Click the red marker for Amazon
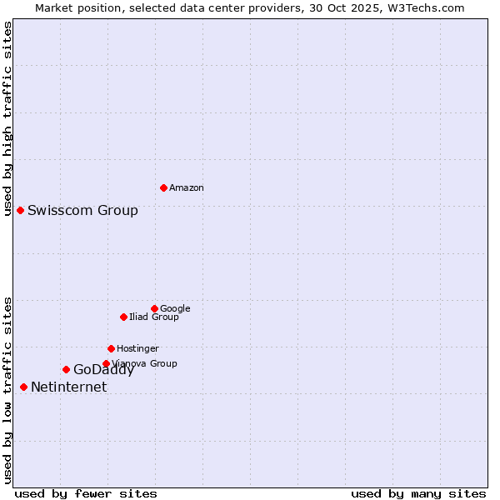pyautogui.click(x=163, y=187)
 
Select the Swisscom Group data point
pyautogui.click(x=20, y=210)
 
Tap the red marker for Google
pyautogui.click(x=154, y=308)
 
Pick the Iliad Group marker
pyautogui.click(x=123, y=317)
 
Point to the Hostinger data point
pyautogui.click(x=111, y=348)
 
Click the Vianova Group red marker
pyautogui.click(x=106, y=363)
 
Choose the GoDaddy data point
pyautogui.click(x=66, y=369)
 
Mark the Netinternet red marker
pyautogui.click(x=23, y=387)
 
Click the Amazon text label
pyautogui.click(x=187, y=188)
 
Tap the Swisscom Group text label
pyautogui.click(x=82, y=210)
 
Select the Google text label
pyautogui.click(x=175, y=308)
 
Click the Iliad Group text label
pyautogui.click(x=154, y=317)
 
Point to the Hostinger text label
pyautogui.click(x=137, y=348)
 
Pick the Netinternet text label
pyautogui.click(x=68, y=387)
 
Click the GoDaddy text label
pyautogui.click(x=103, y=370)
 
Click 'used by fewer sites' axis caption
pyautogui.click(x=86, y=493)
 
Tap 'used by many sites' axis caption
pyautogui.click(x=418, y=493)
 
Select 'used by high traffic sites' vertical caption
pyautogui.click(x=7, y=118)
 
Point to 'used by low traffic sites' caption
pyautogui.click(x=7, y=389)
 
